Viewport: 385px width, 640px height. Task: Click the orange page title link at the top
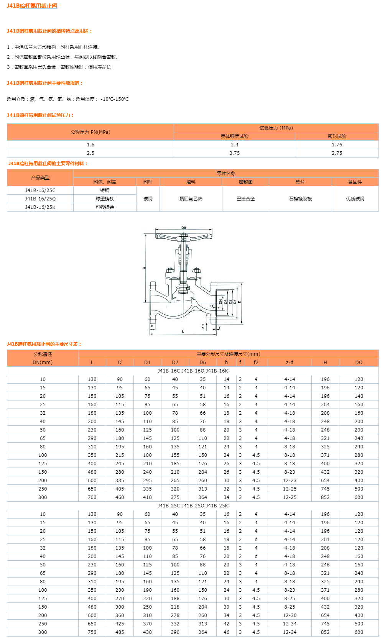click(x=32, y=6)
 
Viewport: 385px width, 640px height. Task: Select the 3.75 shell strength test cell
click(x=234, y=153)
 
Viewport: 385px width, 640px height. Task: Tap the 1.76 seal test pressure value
click(x=337, y=145)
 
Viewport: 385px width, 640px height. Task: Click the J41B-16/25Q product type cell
click(x=40, y=199)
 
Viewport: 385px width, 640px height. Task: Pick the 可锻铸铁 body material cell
click(x=105, y=207)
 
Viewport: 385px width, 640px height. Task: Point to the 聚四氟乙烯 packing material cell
click(x=191, y=199)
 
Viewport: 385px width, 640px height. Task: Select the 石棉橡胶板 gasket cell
click(x=300, y=199)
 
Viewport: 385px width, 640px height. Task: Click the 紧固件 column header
click(x=355, y=182)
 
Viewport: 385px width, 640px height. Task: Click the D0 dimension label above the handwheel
click(x=184, y=228)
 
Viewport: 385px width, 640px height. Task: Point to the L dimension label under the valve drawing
click(x=183, y=331)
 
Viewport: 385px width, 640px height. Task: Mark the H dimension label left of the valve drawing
click(x=145, y=268)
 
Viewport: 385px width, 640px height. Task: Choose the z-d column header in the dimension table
click(x=290, y=363)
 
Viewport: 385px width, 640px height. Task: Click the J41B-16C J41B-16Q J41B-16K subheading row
click(x=192, y=371)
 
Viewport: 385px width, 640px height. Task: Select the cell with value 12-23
click(x=290, y=481)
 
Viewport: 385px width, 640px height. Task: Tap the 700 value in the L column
click(x=92, y=497)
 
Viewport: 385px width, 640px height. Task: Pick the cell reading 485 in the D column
click(x=120, y=632)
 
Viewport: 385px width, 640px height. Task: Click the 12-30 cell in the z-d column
click(x=290, y=615)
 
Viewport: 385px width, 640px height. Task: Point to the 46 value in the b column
click(x=226, y=632)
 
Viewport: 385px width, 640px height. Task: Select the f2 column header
click(x=256, y=363)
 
